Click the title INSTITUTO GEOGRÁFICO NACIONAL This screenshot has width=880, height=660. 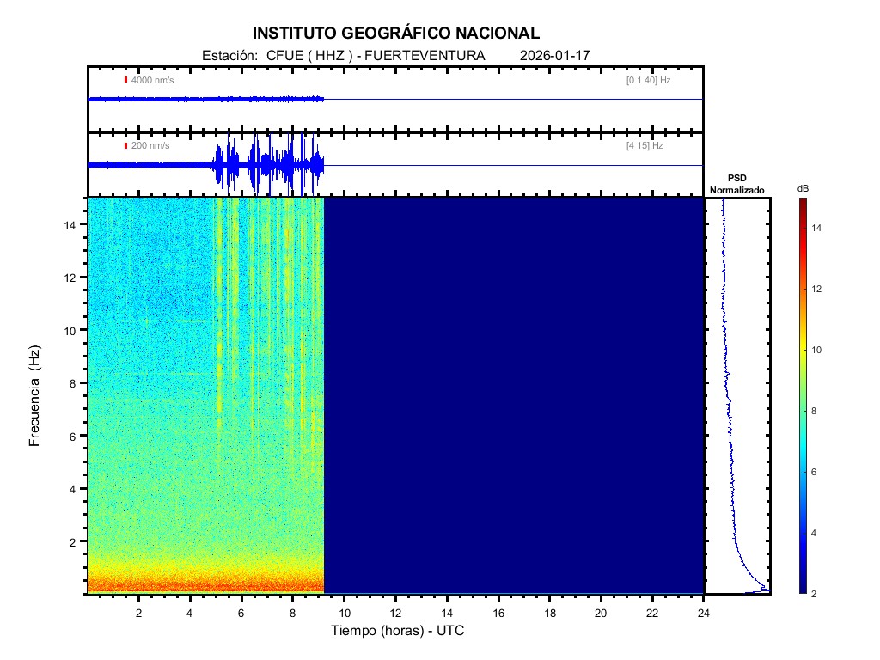pyautogui.click(x=396, y=34)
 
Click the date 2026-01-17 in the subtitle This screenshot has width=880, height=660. pyautogui.click(x=554, y=56)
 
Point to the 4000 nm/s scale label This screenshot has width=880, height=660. pyautogui.click(x=150, y=80)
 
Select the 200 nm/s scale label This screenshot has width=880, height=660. pyautogui.click(x=150, y=146)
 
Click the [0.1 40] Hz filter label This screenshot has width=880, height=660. pyautogui.click(x=649, y=80)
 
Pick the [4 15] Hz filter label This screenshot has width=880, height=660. pyautogui.click(x=645, y=146)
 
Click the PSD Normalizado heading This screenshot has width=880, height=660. pyautogui.click(x=736, y=184)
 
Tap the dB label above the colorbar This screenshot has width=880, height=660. pyautogui.click(x=803, y=188)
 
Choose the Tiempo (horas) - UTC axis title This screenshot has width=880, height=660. pyautogui.click(x=398, y=631)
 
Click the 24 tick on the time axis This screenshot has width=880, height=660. pyautogui.click(x=704, y=612)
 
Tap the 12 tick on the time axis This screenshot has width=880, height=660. pyautogui.click(x=395, y=612)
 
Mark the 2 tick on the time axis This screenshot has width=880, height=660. pyautogui.click(x=138, y=612)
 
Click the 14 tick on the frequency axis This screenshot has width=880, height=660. pyautogui.click(x=73, y=224)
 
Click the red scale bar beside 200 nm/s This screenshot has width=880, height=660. pyautogui.click(x=125, y=146)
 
